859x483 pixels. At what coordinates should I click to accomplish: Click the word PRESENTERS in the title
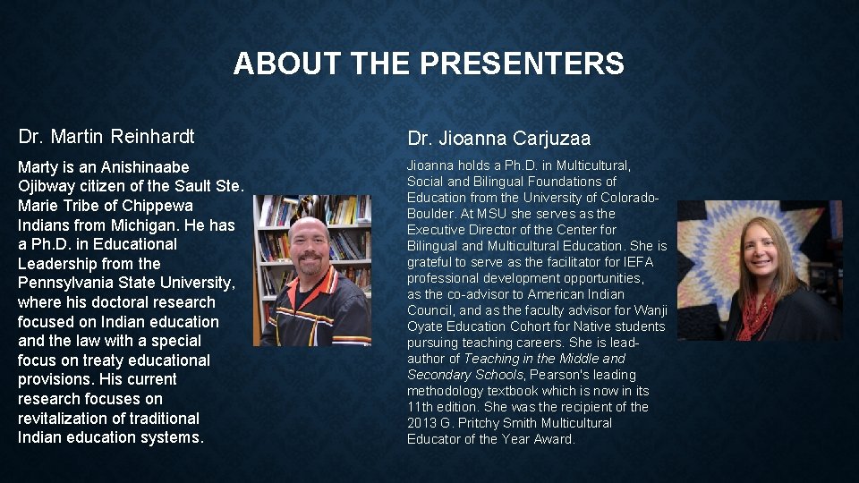(523, 64)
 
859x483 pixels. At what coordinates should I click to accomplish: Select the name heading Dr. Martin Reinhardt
(106, 137)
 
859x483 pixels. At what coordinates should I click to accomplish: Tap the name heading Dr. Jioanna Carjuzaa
(499, 139)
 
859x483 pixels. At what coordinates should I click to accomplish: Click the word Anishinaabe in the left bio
(145, 167)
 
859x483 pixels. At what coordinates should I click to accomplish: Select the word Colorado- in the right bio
(630, 198)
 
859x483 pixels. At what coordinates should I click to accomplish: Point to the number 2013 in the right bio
(422, 423)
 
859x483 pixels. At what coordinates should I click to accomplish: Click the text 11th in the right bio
(421, 407)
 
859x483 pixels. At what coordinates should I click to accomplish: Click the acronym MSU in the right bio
(492, 214)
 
